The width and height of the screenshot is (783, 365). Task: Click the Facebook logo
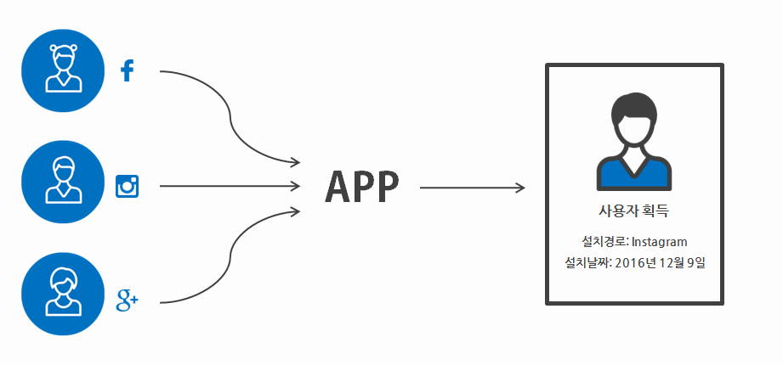[x=128, y=71]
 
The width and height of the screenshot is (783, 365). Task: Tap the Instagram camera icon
[x=128, y=186]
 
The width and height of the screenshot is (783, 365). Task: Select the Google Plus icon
[x=127, y=299]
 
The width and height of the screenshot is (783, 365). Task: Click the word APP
[x=361, y=187]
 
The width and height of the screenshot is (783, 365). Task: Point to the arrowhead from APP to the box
[x=519, y=187]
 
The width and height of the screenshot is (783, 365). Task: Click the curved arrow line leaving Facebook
[x=230, y=110]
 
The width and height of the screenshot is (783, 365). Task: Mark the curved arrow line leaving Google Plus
[x=230, y=259]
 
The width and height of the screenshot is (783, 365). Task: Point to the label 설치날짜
[x=587, y=263]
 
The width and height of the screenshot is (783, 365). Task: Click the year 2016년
[x=637, y=263]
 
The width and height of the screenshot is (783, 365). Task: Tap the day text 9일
[x=698, y=263]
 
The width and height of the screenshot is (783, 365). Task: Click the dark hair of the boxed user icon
[x=634, y=109]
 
